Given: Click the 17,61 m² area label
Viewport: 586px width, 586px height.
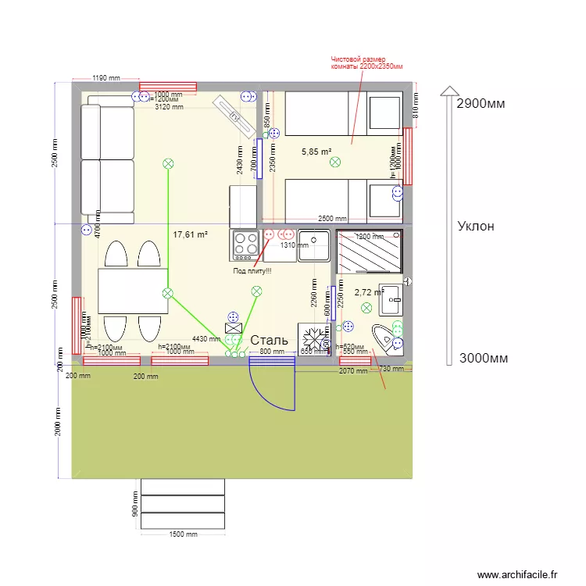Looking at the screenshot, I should point(190,234).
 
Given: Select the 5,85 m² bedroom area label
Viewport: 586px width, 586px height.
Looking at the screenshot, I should point(316,152).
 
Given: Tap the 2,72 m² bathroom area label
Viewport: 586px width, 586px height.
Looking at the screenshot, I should point(369,292).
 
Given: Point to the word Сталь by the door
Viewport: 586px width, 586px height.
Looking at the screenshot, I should point(269,341).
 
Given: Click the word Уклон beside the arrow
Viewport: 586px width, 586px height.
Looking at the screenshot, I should point(476,226).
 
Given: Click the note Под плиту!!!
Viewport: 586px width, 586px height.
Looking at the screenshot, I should point(252,271).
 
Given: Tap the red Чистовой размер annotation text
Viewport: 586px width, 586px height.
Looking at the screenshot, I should point(365,63).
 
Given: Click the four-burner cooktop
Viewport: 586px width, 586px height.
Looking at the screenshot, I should point(245,245).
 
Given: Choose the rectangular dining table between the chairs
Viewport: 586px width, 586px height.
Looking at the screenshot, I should point(133,291).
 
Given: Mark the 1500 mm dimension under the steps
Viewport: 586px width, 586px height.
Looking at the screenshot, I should point(183,534).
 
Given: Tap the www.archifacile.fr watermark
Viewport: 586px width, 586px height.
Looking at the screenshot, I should point(517,574).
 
